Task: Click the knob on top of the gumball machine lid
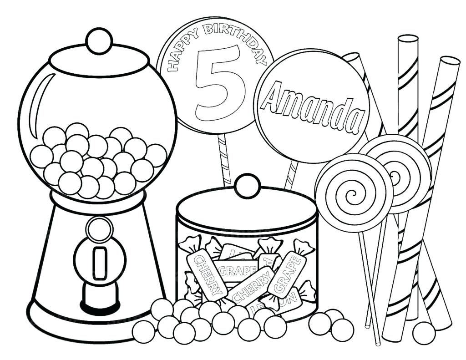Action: pos(99,41)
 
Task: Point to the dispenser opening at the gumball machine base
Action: pos(99,296)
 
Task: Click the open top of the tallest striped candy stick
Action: pos(408,39)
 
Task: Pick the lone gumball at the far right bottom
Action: pos(424,333)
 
